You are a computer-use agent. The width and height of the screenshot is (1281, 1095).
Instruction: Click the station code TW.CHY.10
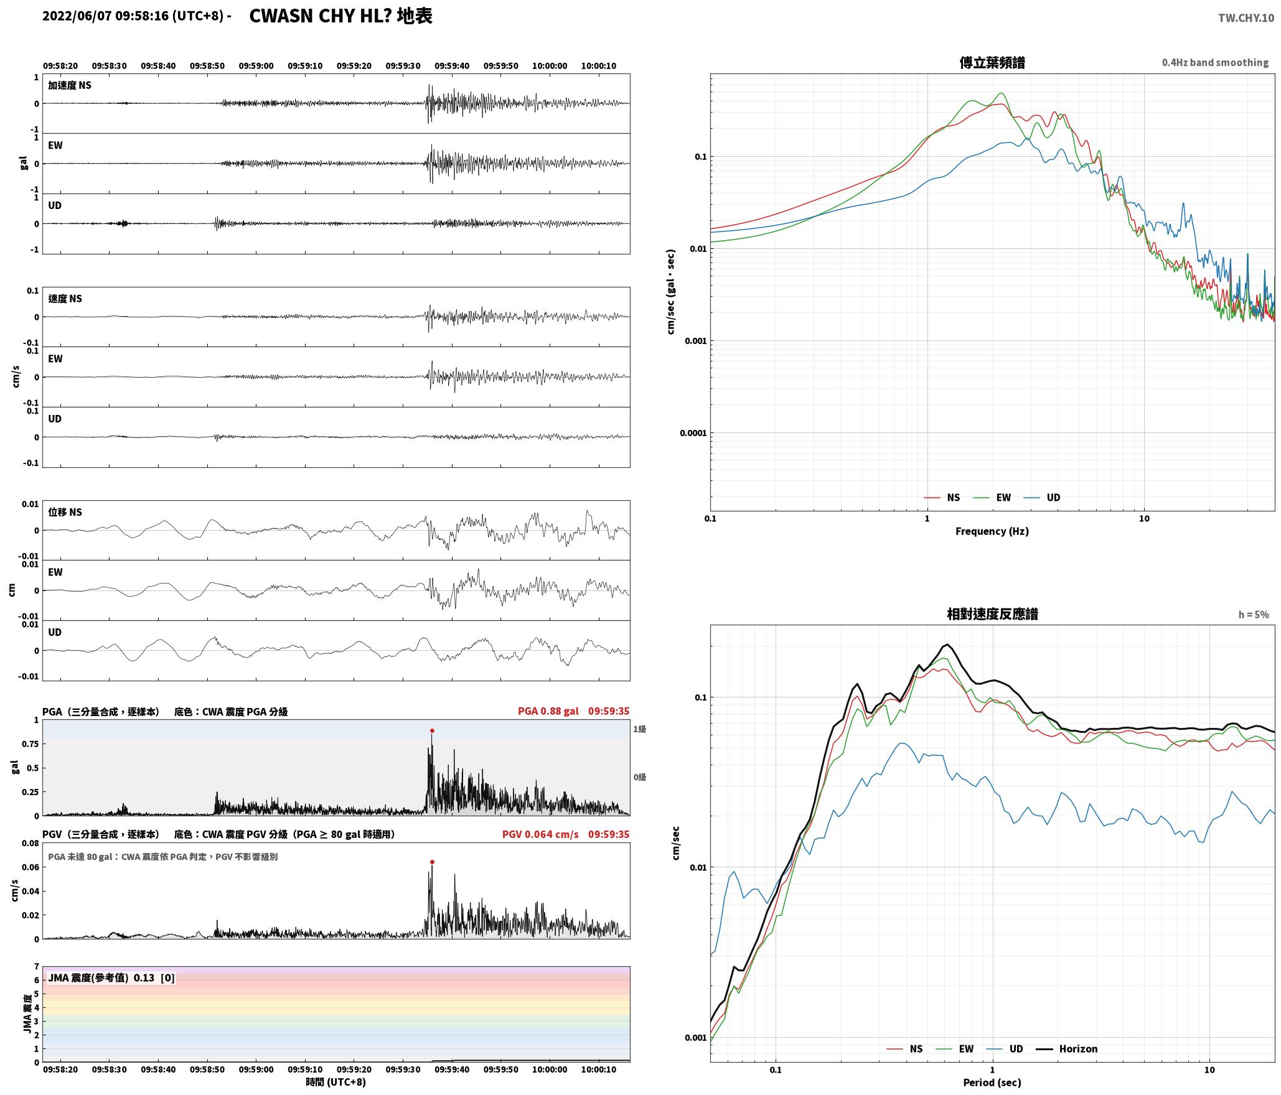[1246, 18]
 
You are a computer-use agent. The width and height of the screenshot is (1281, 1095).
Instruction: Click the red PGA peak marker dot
[432, 731]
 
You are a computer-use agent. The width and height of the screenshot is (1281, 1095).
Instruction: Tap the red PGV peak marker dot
[432, 862]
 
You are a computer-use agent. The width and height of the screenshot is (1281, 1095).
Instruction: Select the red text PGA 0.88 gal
[548, 711]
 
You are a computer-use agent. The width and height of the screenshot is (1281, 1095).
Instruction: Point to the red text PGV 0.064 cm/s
[540, 834]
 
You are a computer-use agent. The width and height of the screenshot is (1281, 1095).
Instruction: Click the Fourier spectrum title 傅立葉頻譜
[992, 62]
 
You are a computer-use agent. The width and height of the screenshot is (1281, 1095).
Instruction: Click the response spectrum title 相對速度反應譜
[992, 614]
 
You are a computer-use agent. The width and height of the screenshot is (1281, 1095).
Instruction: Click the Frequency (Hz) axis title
[992, 531]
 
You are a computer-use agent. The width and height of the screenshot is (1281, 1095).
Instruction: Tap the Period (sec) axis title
[992, 1083]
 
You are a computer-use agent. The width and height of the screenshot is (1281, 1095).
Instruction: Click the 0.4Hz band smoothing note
[1215, 63]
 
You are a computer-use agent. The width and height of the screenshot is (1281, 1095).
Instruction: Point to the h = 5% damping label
[1253, 615]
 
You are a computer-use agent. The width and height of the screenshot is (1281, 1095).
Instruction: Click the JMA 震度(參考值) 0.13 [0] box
[111, 978]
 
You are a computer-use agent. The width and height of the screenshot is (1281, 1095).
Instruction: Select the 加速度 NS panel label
[70, 85]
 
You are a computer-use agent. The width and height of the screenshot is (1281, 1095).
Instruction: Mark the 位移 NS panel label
[65, 512]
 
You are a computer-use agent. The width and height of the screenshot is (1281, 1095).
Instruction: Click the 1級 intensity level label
[639, 729]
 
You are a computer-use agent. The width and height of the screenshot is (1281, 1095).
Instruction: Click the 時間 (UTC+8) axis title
[335, 1082]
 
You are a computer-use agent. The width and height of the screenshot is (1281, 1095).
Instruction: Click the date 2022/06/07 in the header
[77, 16]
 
